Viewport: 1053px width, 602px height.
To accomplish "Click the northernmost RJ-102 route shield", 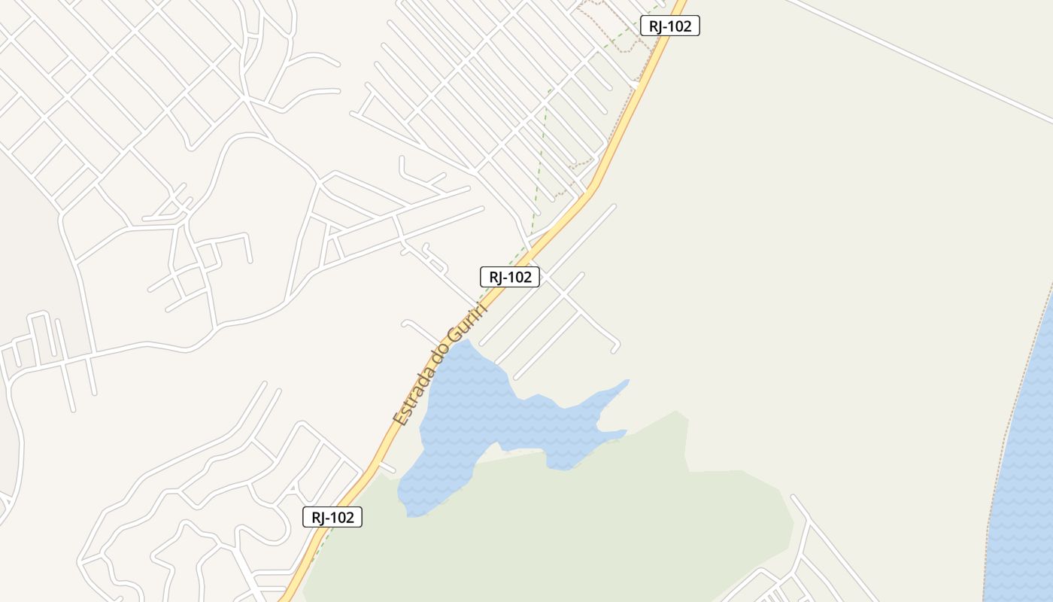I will pos(669,26).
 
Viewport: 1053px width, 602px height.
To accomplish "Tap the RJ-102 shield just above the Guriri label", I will pos(510,277).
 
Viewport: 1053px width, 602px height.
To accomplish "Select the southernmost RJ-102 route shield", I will pos(332,517).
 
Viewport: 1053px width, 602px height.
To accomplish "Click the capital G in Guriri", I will pos(454,333).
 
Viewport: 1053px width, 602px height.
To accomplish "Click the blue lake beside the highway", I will pos(466,406).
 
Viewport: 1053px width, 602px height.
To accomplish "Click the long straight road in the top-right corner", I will pos(918,60).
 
